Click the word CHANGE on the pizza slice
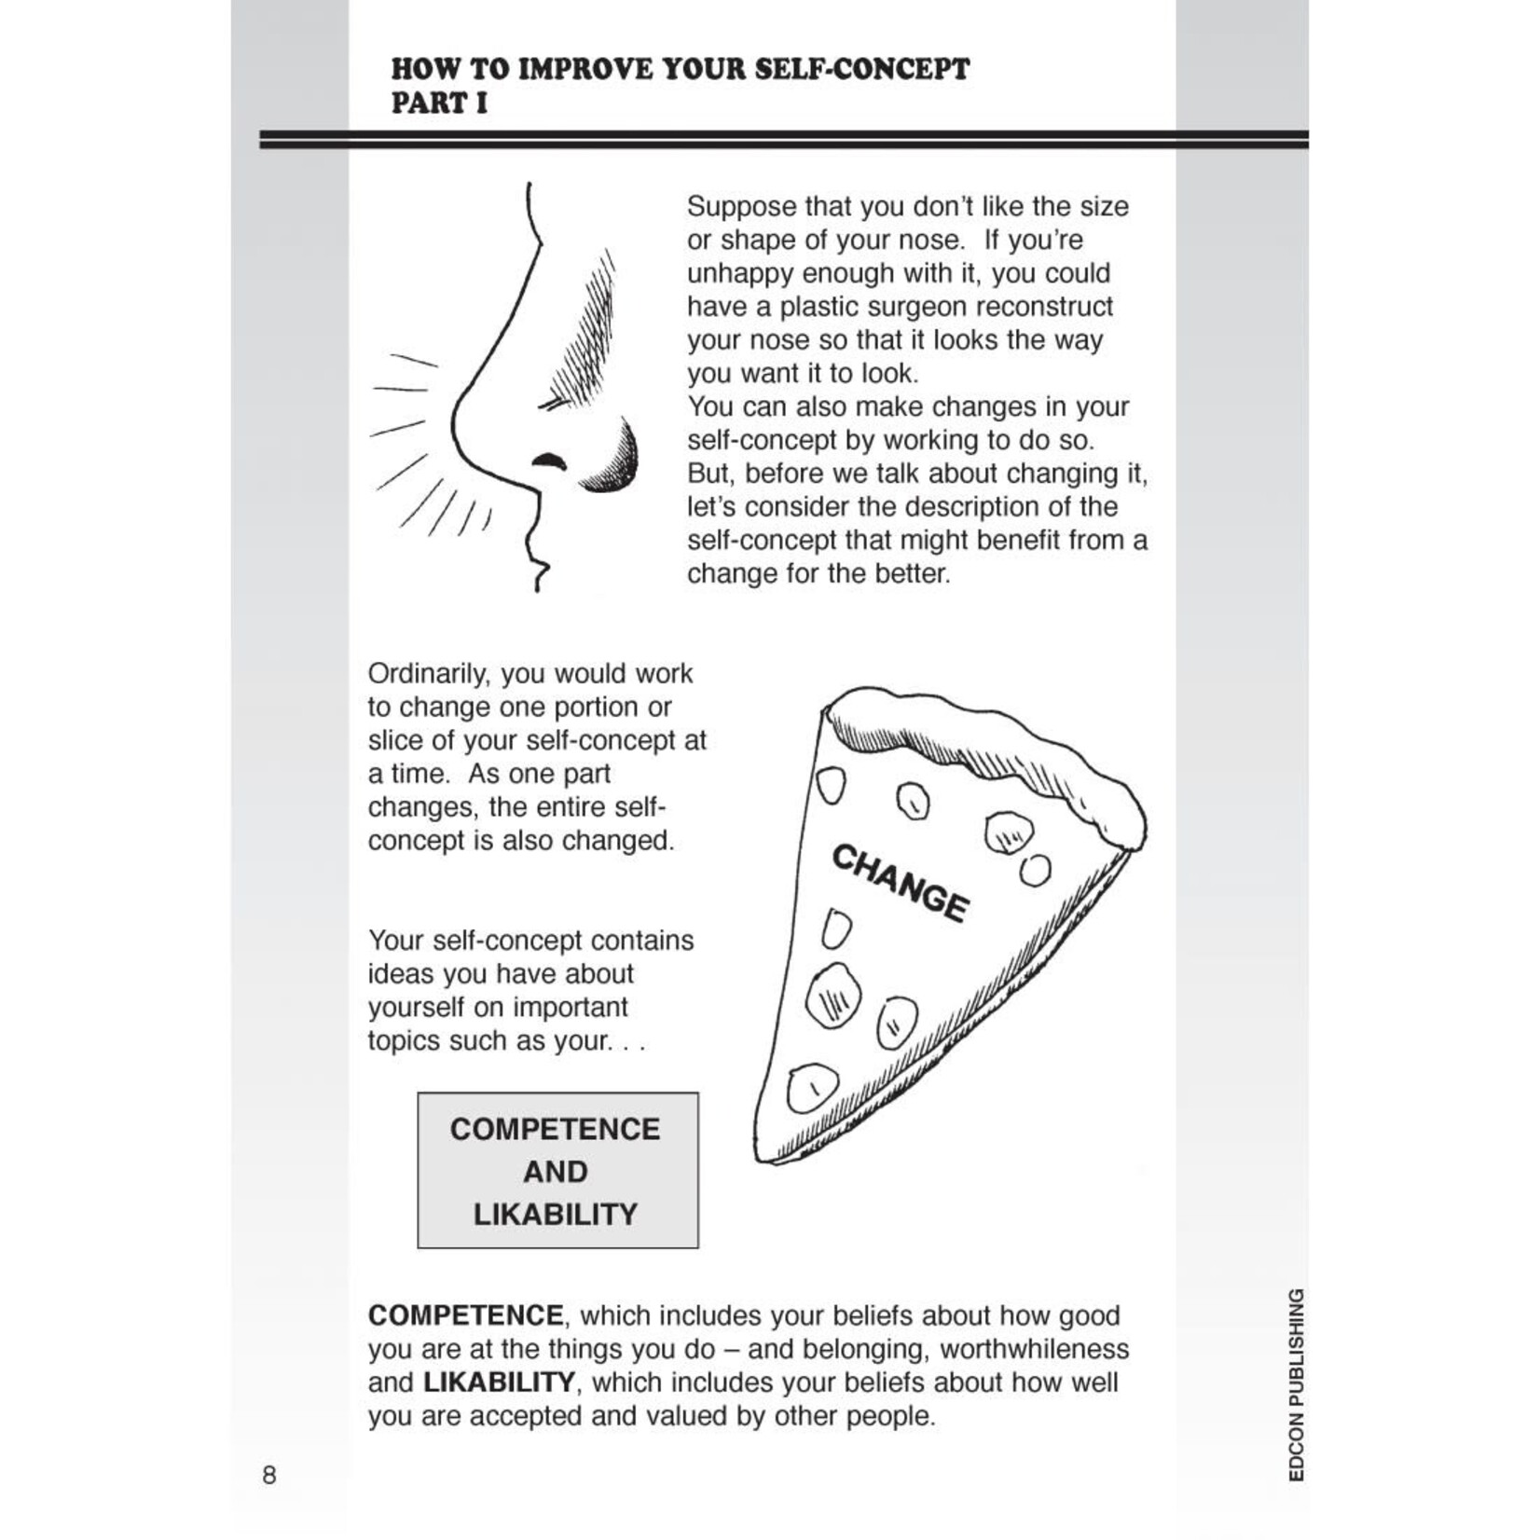click(x=900, y=883)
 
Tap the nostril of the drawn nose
click(x=549, y=461)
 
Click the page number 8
click(x=269, y=1475)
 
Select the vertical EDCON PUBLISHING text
click(x=1296, y=1385)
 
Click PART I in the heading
click(x=439, y=103)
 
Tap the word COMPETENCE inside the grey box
click(x=555, y=1129)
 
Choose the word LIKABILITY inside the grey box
click(x=555, y=1215)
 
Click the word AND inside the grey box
click(x=555, y=1172)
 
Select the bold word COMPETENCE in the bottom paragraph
click(x=465, y=1315)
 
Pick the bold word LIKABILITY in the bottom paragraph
click(x=499, y=1382)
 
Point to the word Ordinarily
click(x=429, y=674)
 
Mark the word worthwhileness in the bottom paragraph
click(x=1034, y=1349)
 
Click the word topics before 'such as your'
click(x=404, y=1040)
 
